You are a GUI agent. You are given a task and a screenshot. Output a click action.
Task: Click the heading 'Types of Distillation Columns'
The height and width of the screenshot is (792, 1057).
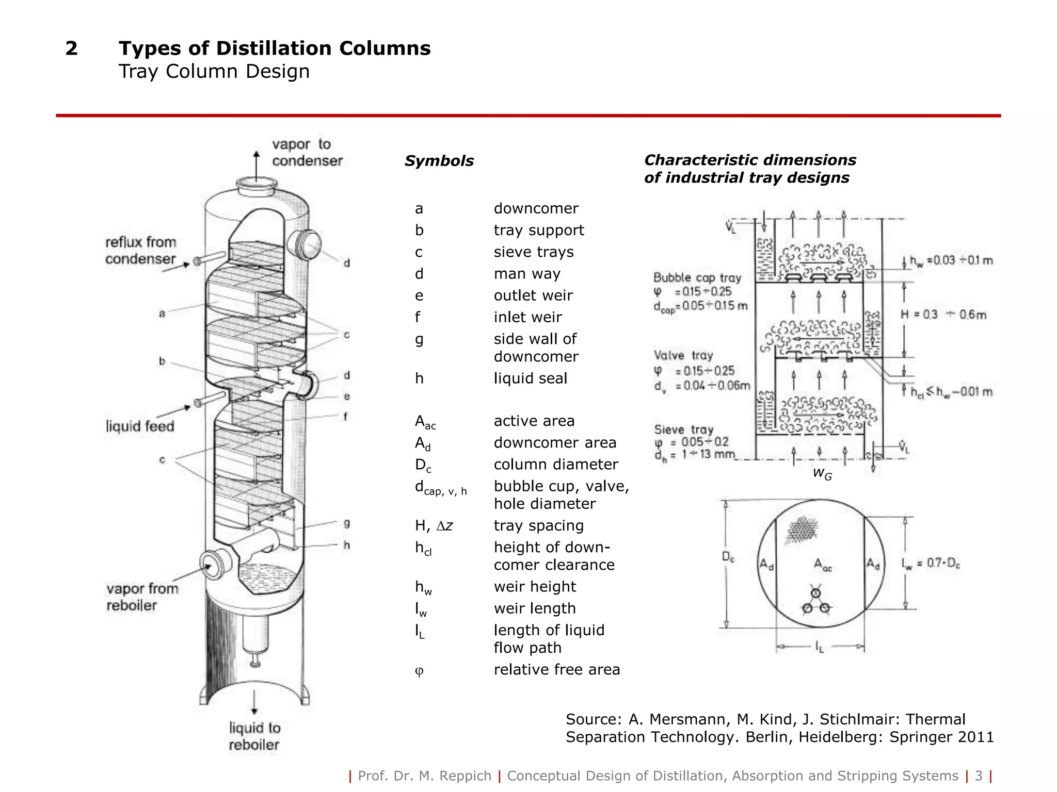pyautogui.click(x=275, y=48)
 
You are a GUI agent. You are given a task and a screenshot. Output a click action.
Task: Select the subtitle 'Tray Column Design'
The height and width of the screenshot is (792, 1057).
pyautogui.click(x=214, y=71)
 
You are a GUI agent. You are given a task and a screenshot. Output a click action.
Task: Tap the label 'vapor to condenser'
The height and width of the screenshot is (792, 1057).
pyautogui.click(x=307, y=153)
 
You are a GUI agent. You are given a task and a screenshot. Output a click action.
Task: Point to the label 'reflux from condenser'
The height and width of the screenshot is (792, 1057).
pyautogui.click(x=140, y=251)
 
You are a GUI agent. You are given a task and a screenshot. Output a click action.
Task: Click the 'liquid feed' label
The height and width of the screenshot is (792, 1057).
pyautogui.click(x=140, y=426)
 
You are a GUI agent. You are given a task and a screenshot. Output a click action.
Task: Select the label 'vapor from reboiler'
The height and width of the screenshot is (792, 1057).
pyautogui.click(x=142, y=597)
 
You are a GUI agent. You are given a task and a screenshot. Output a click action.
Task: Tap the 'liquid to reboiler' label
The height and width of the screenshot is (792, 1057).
pyautogui.click(x=254, y=736)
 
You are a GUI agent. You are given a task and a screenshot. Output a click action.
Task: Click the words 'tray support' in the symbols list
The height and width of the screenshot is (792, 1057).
pyautogui.click(x=538, y=230)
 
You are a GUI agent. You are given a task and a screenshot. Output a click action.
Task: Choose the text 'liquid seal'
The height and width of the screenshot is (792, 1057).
pyautogui.click(x=530, y=378)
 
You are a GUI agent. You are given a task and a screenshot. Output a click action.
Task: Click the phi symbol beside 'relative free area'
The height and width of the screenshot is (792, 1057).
pyautogui.click(x=419, y=670)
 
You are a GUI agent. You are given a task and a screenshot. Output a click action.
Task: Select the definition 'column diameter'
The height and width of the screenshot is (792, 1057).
pyautogui.click(x=555, y=465)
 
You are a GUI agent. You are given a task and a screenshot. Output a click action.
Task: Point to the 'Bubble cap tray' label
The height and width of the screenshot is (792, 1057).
pyautogui.click(x=697, y=278)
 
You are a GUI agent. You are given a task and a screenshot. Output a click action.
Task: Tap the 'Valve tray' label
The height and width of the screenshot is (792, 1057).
pyautogui.click(x=683, y=355)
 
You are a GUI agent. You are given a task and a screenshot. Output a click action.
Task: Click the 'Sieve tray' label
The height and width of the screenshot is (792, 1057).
pyautogui.click(x=683, y=430)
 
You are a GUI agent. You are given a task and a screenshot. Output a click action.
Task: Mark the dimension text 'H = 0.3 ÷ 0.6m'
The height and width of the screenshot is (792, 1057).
pyautogui.click(x=943, y=315)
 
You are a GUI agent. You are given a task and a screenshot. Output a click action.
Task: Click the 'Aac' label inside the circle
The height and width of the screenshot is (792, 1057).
pyautogui.click(x=822, y=565)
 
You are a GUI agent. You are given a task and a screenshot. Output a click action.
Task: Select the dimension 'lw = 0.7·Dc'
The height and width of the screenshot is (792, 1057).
pyautogui.click(x=931, y=564)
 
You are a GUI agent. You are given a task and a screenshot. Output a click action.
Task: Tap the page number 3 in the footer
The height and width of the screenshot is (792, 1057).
pyautogui.click(x=979, y=776)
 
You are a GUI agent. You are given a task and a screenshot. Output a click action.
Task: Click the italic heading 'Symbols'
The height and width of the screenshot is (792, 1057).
pyautogui.click(x=439, y=161)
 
